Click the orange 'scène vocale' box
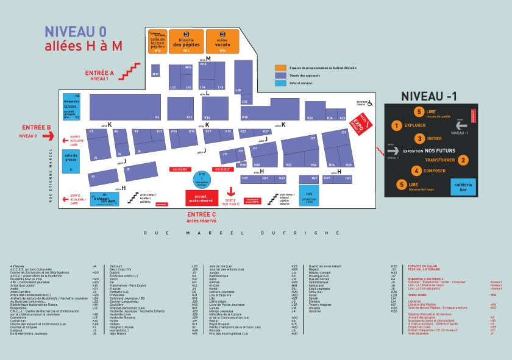click(222, 41)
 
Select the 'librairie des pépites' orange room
click(186, 41)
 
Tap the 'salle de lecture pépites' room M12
click(157, 41)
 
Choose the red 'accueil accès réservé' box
click(202, 197)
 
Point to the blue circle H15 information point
click(201, 179)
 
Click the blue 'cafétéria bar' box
click(463, 186)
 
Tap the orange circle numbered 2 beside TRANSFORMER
click(463, 160)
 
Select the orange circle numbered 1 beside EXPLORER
click(396, 126)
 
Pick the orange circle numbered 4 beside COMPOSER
click(416, 171)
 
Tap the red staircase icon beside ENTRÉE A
click(130, 71)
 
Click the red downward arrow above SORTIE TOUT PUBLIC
click(230, 191)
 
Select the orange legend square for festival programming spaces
click(280, 68)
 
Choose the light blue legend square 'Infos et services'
click(280, 83)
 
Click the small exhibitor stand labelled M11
click(155, 74)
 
